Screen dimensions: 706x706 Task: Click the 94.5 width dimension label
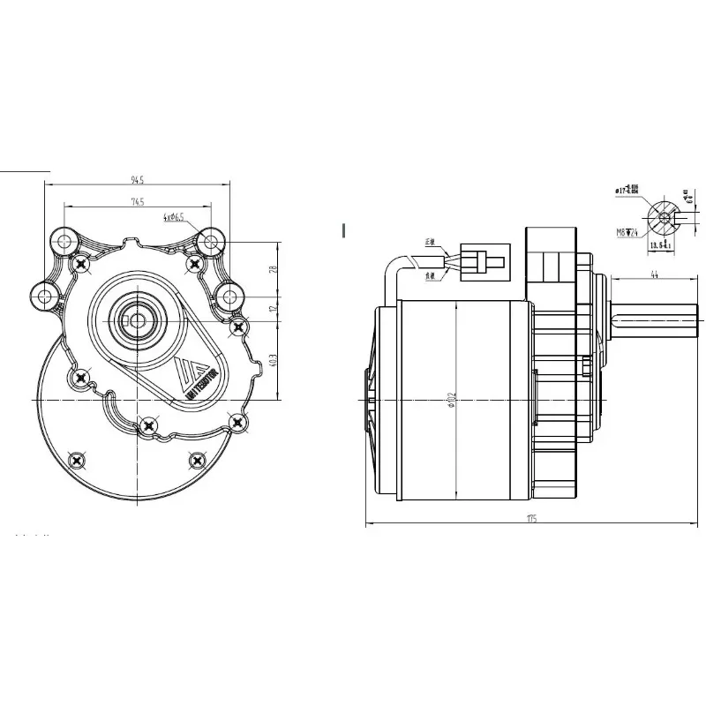[137, 180]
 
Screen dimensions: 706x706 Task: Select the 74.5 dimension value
[137, 202]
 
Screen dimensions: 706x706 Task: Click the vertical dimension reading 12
[274, 309]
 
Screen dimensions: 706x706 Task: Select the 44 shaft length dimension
[654, 274]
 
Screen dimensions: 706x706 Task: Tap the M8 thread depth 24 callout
[628, 234]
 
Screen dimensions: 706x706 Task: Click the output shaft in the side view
[653, 325]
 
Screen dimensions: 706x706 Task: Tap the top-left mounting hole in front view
[64, 239]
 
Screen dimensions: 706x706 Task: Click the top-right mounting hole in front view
[209, 239]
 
